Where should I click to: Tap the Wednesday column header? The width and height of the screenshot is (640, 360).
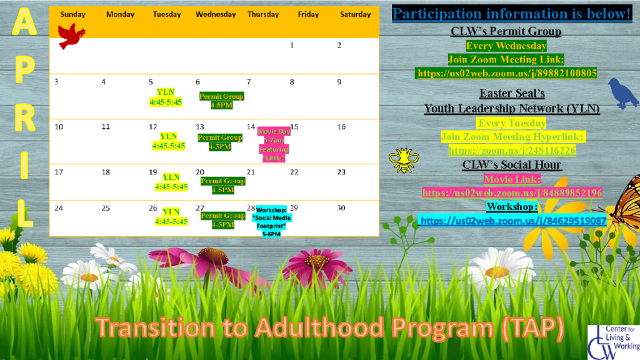(216, 14)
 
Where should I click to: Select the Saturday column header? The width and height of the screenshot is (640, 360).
(355, 14)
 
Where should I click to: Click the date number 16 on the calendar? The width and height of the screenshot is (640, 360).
(341, 127)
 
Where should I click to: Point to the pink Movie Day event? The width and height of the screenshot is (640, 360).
(274, 145)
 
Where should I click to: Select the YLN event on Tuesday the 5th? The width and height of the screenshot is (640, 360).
(166, 97)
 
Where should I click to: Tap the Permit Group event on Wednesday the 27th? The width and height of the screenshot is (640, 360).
(222, 220)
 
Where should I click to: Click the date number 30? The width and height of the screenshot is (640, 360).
(341, 207)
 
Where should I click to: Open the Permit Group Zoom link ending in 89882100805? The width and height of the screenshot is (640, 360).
(506, 74)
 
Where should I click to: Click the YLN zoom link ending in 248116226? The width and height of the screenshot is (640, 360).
(512, 151)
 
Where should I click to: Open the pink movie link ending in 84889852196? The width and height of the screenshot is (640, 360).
(512, 193)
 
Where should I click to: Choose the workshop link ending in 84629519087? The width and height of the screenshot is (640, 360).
(512, 221)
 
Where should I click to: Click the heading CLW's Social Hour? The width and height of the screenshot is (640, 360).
(512, 165)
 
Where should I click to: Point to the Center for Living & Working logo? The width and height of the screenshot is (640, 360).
(613, 342)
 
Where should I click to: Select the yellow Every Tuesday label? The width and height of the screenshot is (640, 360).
(512, 123)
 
